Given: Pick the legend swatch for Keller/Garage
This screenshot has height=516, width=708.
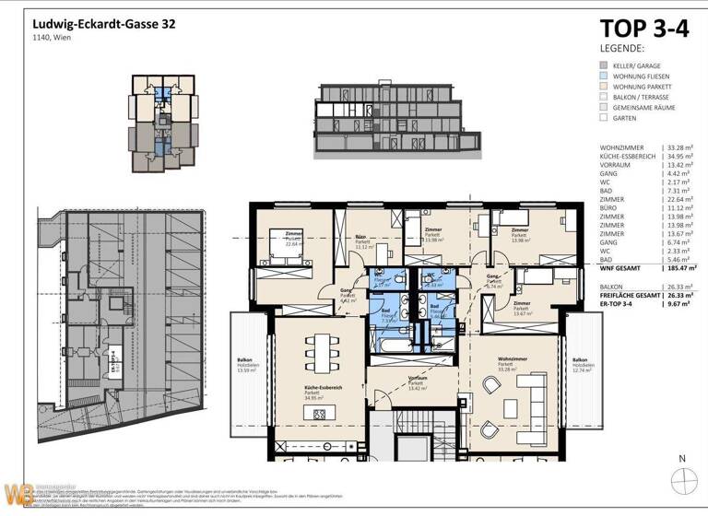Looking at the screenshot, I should tap(603, 66).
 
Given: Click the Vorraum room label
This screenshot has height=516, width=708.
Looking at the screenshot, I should tap(417, 379).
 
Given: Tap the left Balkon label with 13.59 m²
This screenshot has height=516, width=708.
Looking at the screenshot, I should tap(244, 364).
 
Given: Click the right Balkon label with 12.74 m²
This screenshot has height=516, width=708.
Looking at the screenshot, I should tap(580, 364).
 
